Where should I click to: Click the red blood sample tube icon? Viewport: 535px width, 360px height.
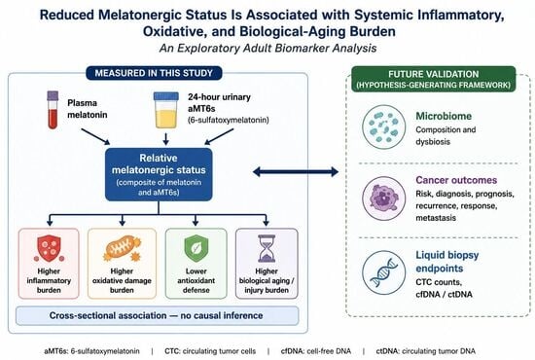click(x=53, y=110)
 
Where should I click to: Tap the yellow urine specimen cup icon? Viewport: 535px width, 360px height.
click(x=165, y=110)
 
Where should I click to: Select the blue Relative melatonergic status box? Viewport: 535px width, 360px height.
click(x=159, y=174)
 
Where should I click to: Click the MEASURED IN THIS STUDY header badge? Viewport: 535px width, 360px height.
click(x=154, y=73)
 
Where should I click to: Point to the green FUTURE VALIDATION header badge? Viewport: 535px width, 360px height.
click(x=433, y=79)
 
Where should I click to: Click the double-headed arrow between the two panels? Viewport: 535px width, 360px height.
click(x=296, y=171)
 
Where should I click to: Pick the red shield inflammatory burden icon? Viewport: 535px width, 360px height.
click(x=49, y=249)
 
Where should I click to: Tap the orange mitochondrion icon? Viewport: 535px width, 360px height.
click(x=122, y=249)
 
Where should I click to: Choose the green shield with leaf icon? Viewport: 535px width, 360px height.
click(x=196, y=248)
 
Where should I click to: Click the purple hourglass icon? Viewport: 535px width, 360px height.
click(x=267, y=248)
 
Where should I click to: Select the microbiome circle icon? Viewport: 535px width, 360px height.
click(x=384, y=126)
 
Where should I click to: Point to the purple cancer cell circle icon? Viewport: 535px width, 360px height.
click(x=384, y=198)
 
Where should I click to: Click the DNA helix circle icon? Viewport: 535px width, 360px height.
click(x=384, y=272)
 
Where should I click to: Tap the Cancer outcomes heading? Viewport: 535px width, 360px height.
click(x=456, y=180)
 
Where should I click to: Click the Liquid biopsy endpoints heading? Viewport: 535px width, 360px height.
click(x=447, y=262)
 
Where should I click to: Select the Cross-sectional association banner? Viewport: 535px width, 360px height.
click(x=157, y=315)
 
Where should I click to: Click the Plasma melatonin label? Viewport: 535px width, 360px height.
click(x=87, y=109)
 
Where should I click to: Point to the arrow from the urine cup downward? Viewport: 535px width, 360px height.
click(x=165, y=139)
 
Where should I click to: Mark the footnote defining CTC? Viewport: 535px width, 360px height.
click(x=210, y=351)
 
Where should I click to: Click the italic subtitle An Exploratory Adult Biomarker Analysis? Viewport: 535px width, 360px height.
click(x=267, y=48)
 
